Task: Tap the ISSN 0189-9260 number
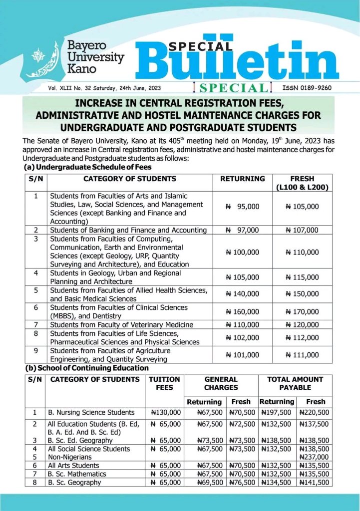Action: point(307,88)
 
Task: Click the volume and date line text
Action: point(104,88)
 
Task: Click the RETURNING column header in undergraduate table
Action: point(243,178)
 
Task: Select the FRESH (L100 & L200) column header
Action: point(303,183)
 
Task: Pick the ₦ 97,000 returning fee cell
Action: point(243,230)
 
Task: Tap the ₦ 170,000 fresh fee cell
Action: point(302,312)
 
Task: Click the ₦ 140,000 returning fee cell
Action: point(243,294)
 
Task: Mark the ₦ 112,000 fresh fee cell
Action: point(302,337)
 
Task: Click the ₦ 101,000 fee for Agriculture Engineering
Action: point(243,355)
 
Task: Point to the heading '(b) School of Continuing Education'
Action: point(87,368)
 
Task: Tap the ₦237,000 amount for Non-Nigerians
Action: point(314,457)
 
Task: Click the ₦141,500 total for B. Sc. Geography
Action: point(314,483)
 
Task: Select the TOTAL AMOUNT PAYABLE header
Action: point(295,383)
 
